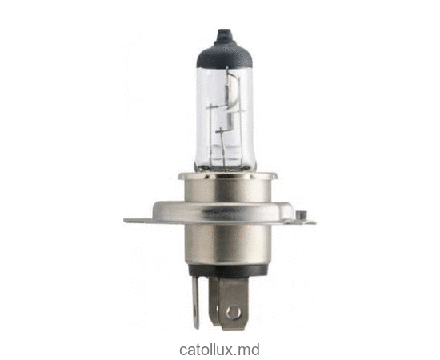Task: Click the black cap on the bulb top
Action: (x=220, y=39)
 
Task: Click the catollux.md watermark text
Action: (x=219, y=349)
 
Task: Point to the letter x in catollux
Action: (x=230, y=350)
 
